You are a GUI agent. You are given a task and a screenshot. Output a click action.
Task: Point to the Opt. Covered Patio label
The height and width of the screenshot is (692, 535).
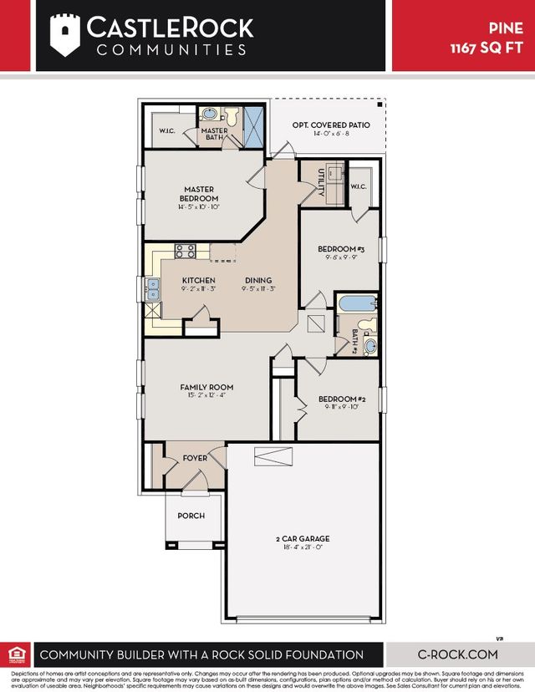pyautogui.click(x=331, y=125)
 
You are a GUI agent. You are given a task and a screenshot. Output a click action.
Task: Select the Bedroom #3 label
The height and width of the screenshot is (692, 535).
pyautogui.click(x=341, y=249)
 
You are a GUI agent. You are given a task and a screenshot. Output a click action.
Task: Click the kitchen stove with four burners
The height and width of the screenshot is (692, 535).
pyautogui.click(x=185, y=249)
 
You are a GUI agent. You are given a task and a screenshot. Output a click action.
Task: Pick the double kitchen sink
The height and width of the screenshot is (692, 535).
pyautogui.click(x=154, y=288)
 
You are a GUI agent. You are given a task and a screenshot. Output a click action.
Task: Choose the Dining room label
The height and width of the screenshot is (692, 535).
pyautogui.click(x=258, y=280)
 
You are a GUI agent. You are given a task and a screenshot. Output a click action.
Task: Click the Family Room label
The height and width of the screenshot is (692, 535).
pyautogui.click(x=206, y=387)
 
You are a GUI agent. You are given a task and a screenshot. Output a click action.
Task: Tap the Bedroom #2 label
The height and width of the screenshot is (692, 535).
pyautogui.click(x=339, y=399)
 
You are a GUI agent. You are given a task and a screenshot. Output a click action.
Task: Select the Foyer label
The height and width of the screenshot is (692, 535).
pyautogui.click(x=196, y=458)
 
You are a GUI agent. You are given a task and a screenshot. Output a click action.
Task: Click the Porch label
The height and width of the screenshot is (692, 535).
pyautogui.click(x=191, y=516)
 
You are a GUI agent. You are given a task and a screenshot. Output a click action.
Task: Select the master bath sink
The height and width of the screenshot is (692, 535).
pyautogui.click(x=209, y=114)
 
